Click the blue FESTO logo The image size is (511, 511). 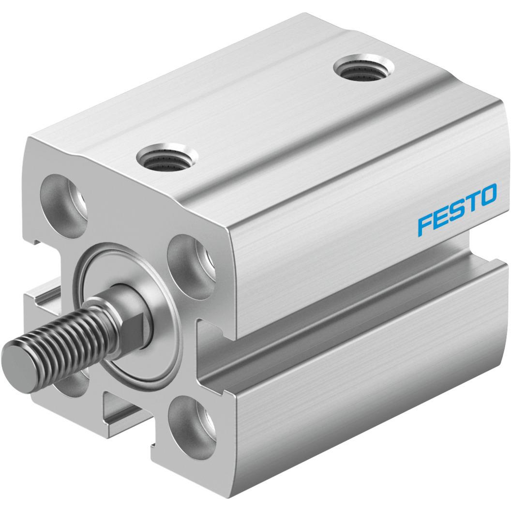coord(457,209)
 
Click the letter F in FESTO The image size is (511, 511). coord(425,224)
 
